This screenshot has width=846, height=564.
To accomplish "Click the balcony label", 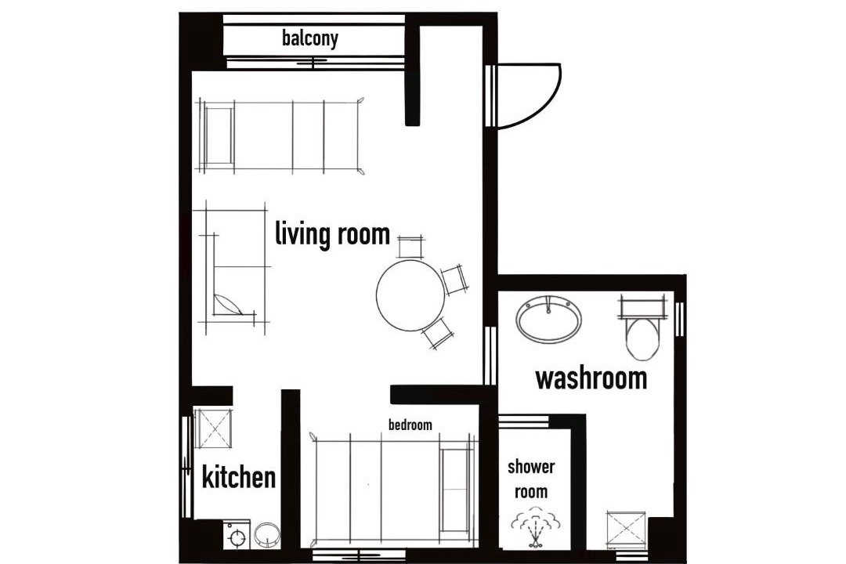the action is coord(310,38).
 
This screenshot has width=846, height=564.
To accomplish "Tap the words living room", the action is coord(332,233).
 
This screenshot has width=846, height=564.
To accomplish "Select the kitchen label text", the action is coord(238,477).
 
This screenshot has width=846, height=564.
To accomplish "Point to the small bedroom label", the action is coord(410,425).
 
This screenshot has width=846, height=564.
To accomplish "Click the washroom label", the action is coord(591,378).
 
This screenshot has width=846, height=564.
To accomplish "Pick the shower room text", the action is coord(531,479).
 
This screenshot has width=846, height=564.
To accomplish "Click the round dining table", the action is coord(410,295).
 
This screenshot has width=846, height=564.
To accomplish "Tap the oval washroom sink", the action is coord(549,320).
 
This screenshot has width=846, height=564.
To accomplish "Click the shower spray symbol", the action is coord(535,529).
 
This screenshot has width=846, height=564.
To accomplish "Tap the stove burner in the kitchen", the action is coord(237,537).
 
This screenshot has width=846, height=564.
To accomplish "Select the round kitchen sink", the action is coord(267,535).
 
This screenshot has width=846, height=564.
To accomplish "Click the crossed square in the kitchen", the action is coord(214,429).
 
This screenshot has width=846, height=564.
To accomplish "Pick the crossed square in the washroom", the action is coord(626,530).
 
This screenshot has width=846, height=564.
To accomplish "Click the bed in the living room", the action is coord(280,136).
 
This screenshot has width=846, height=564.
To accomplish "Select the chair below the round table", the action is coord(438,333).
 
